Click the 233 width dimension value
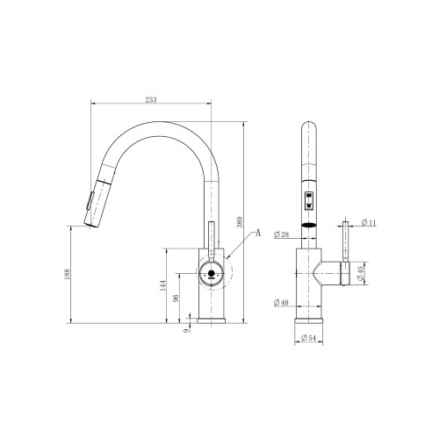pyautogui.click(x=151, y=99)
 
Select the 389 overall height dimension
pyautogui.click(x=240, y=222)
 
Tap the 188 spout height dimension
pyautogui.click(x=67, y=274)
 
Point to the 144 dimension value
pyautogui.click(x=163, y=285)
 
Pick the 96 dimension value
pyautogui.click(x=176, y=299)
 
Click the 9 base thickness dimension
pyautogui.click(x=185, y=330)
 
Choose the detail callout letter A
pyautogui.click(x=258, y=233)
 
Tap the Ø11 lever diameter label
pyautogui.click(x=369, y=222)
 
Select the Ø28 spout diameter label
pyautogui.click(x=281, y=234)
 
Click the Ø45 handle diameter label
pyautogui.click(x=361, y=273)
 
